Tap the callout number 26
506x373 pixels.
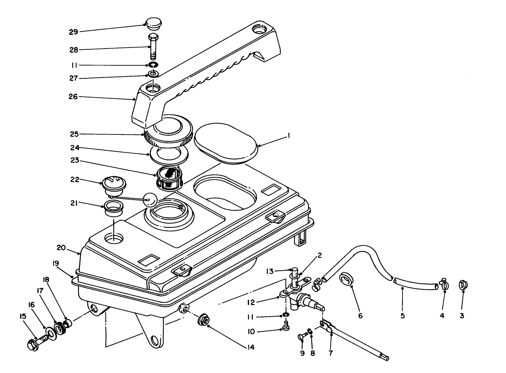point(73,97)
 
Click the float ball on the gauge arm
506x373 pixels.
point(150,200)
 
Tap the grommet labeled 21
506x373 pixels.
point(112,208)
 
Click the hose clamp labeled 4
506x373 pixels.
point(444,285)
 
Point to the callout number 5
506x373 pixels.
point(403,315)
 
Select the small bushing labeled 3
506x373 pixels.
point(463,285)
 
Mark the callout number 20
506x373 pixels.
point(61,248)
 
